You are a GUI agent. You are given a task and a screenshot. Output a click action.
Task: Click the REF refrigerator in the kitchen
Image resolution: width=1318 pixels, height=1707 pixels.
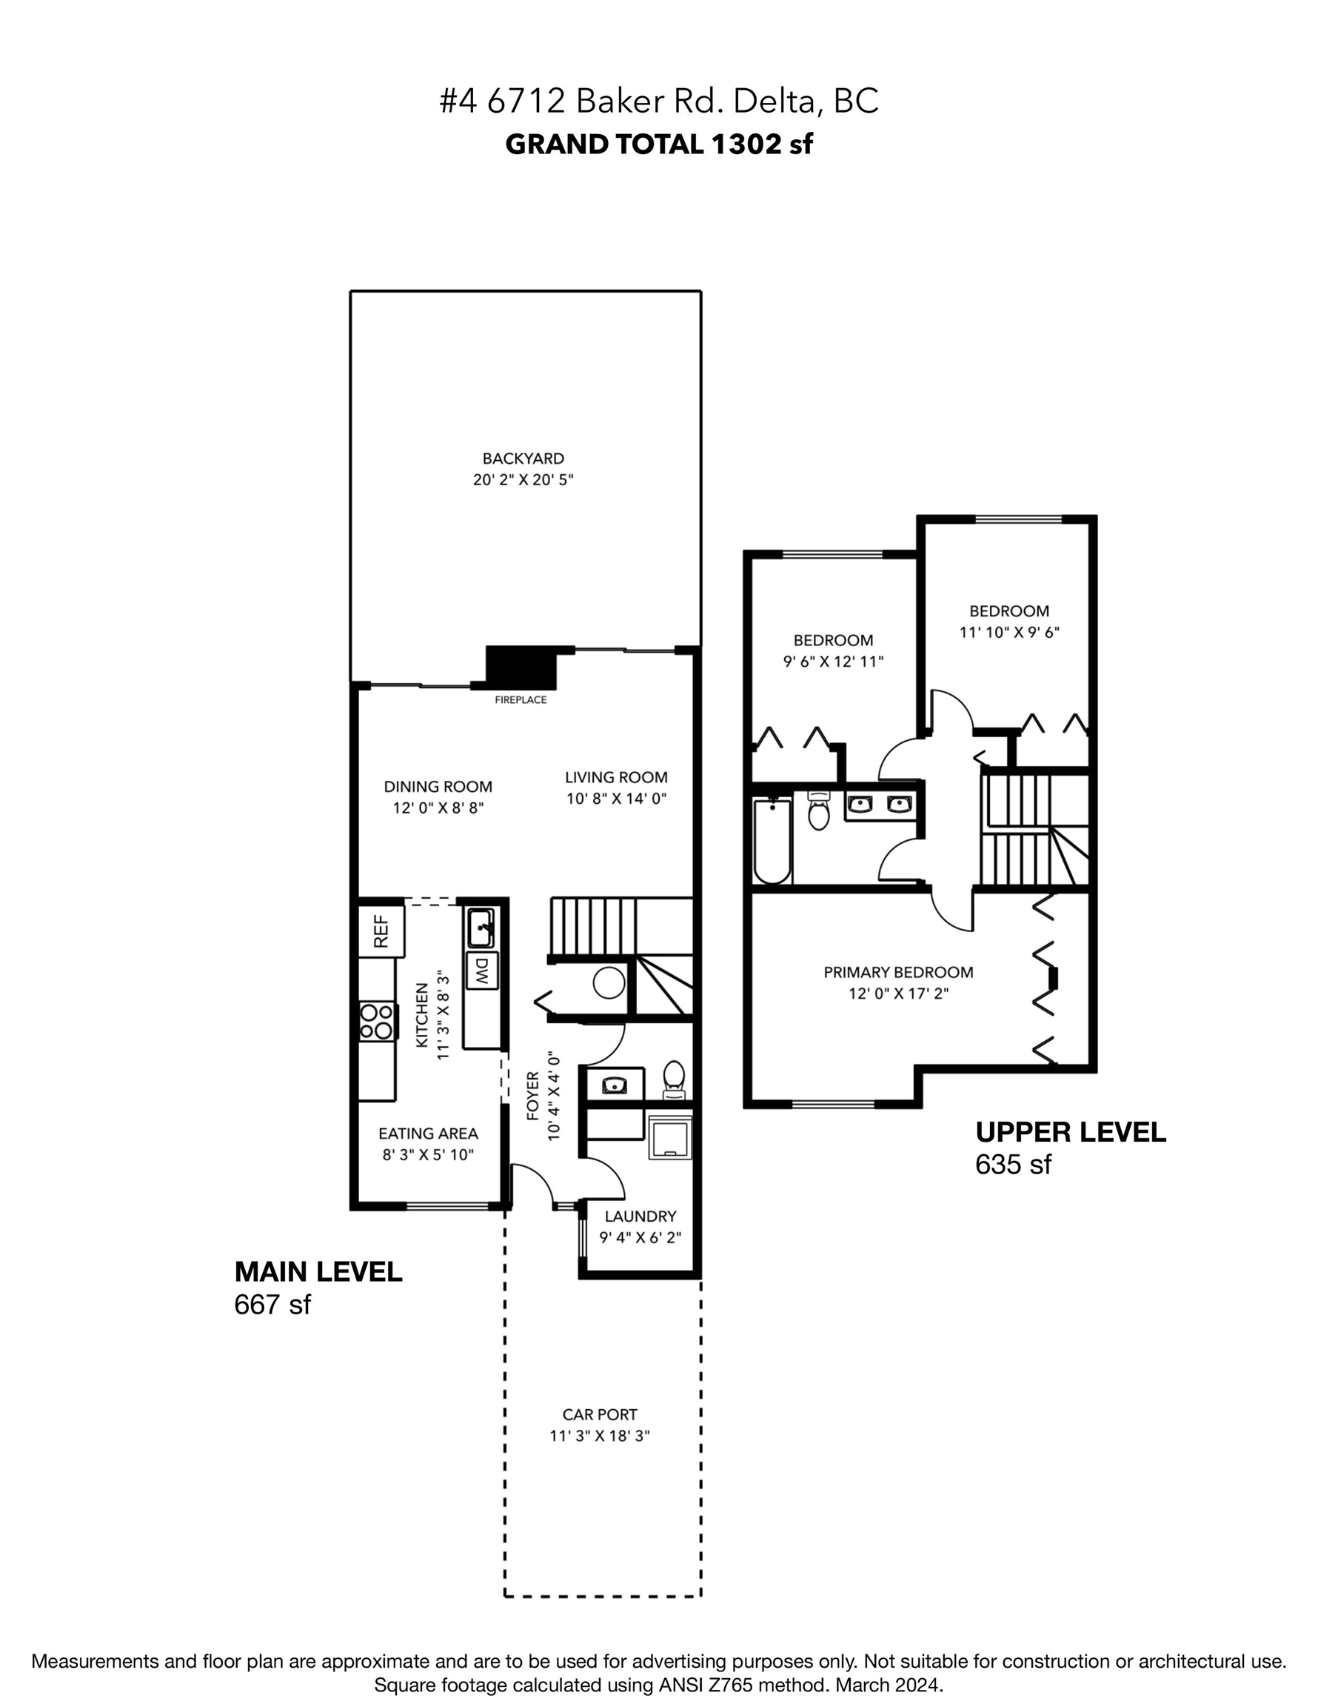click(381, 930)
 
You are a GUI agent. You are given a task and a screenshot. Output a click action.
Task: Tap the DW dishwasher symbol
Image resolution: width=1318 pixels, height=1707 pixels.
click(482, 971)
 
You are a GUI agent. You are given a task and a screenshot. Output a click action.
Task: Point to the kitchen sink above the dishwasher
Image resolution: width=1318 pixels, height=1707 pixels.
click(481, 927)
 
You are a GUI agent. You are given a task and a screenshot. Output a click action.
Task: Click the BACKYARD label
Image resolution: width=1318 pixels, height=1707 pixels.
click(523, 459)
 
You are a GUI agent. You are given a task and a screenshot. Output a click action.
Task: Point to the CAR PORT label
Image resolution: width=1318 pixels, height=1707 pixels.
click(600, 1414)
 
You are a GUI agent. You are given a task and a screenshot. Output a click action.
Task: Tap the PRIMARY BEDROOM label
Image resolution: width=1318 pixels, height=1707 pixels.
click(898, 972)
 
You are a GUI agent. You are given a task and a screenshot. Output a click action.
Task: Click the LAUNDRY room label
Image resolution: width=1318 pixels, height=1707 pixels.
click(640, 1216)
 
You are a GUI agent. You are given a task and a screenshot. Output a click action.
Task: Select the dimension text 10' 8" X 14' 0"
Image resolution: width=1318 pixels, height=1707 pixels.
click(616, 799)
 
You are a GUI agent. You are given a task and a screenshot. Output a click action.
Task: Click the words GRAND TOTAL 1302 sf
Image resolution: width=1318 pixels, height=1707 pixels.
click(658, 144)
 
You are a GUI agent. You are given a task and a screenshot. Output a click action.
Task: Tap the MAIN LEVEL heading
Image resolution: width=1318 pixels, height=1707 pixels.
click(318, 1271)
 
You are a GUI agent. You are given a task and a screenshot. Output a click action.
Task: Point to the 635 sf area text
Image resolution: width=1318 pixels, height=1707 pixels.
click(1014, 1165)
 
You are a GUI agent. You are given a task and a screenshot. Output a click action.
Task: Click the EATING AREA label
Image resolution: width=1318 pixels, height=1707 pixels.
click(428, 1134)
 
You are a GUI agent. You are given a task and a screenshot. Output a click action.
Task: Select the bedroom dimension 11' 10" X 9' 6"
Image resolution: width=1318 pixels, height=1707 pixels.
click(1009, 632)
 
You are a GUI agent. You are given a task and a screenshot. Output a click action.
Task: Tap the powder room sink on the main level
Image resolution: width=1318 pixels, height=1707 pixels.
click(615, 1085)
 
